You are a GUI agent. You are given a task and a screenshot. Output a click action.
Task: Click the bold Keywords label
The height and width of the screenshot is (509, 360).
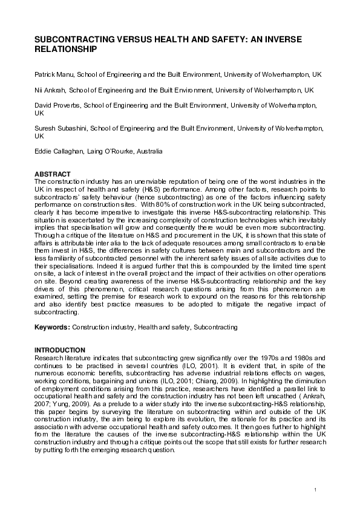tap(52, 326)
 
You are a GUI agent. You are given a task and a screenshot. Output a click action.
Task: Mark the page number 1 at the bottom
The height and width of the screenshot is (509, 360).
tap(316, 488)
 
